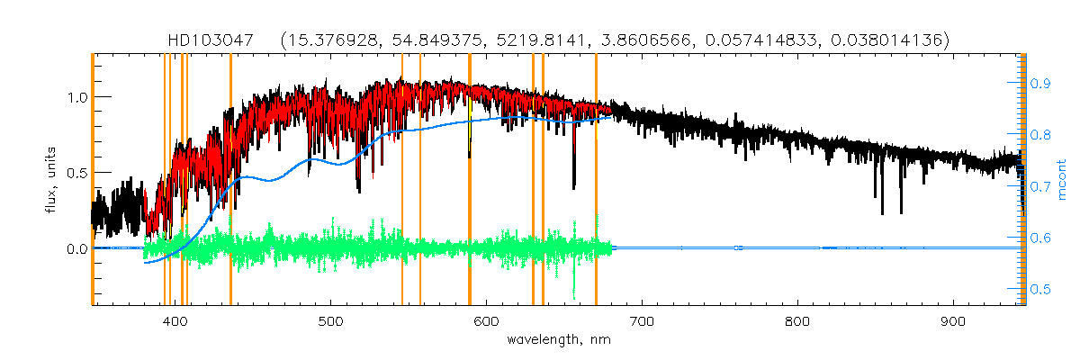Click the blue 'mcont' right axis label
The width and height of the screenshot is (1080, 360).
[x=1062, y=180]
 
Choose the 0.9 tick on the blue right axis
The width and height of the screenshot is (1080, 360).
[x=1040, y=83]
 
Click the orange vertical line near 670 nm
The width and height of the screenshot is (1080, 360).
[x=596, y=180]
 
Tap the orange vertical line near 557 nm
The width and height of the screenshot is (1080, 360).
[x=420, y=180]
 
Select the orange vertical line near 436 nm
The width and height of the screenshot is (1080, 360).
[x=230, y=180]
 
